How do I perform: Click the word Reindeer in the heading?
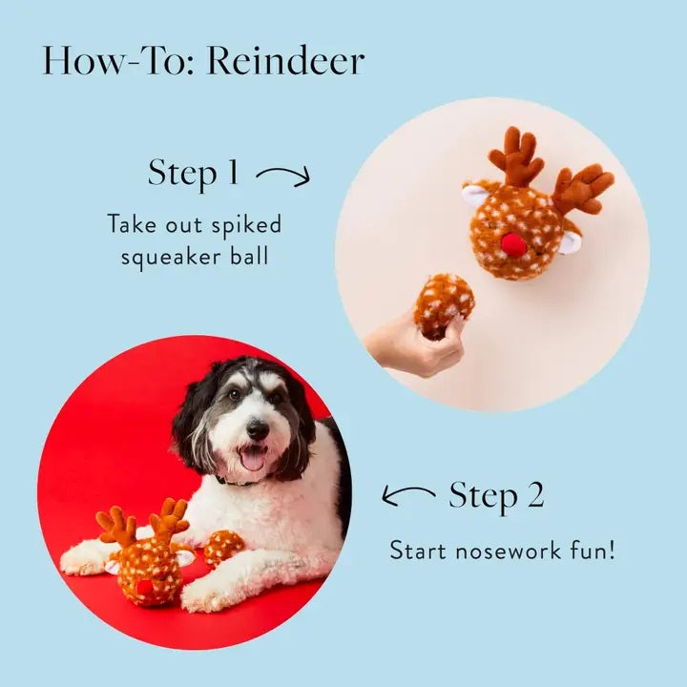pyautogui.click(x=286, y=61)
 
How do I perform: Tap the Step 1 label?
pyautogui.click(x=194, y=173)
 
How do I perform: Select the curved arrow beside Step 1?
pyautogui.click(x=284, y=175)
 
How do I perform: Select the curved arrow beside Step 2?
pyautogui.click(x=409, y=495)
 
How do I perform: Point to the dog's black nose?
pyautogui.click(x=257, y=429)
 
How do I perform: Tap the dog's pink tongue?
pyautogui.click(x=253, y=461)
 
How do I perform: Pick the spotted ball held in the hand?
pyautogui.click(x=444, y=302)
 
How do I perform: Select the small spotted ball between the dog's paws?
pyautogui.click(x=222, y=548)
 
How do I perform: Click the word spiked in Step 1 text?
pyautogui.click(x=247, y=225)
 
